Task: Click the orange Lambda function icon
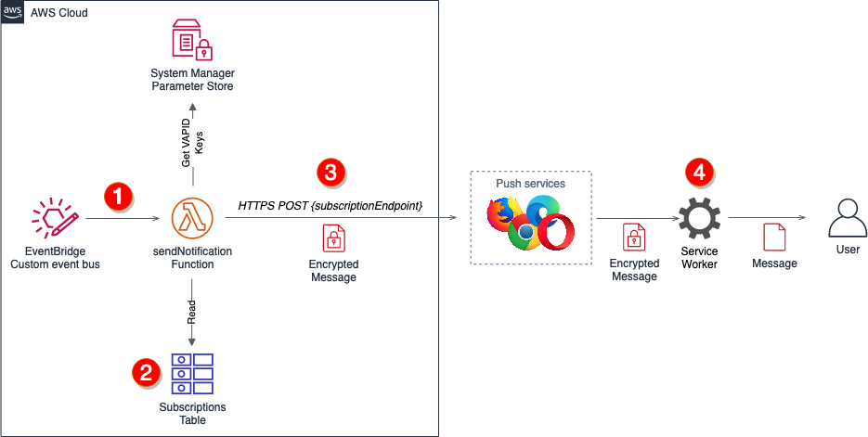(x=192, y=221)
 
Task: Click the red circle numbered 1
(x=118, y=197)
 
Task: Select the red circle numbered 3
(x=330, y=172)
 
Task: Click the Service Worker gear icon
(x=699, y=220)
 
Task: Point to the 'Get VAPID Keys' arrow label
(x=192, y=140)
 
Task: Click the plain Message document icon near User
(x=774, y=237)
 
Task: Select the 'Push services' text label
(x=531, y=184)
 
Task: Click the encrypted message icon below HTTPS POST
(x=332, y=239)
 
